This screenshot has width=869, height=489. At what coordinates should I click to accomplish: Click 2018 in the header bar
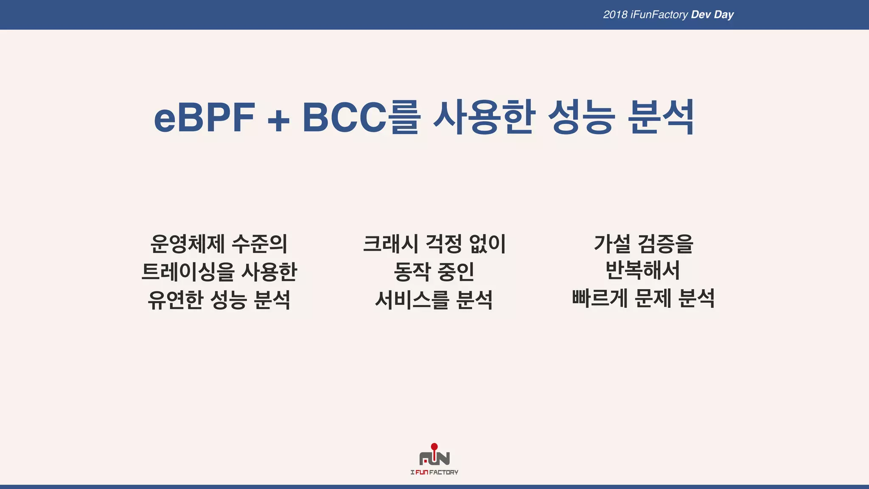point(615,15)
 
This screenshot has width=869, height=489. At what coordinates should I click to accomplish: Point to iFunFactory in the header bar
point(659,15)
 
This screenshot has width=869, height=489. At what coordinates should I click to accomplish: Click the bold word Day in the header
point(723,15)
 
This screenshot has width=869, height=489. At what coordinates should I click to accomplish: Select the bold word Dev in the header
point(701,15)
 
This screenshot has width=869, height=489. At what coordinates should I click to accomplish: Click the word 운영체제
point(188,244)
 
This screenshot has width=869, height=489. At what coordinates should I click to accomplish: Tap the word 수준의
point(260,244)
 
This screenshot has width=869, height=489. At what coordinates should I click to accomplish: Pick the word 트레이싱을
point(188,272)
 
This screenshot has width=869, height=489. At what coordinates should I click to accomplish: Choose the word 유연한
point(175,300)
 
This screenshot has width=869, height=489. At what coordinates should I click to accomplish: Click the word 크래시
point(390,244)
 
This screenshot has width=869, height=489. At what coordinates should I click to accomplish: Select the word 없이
point(488,244)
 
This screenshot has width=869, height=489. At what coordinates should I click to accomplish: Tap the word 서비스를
point(412,300)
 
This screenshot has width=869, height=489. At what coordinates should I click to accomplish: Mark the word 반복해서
point(643,270)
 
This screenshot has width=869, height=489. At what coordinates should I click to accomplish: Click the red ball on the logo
point(434,447)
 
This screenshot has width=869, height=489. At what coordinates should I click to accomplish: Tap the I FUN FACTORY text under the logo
point(434,472)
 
